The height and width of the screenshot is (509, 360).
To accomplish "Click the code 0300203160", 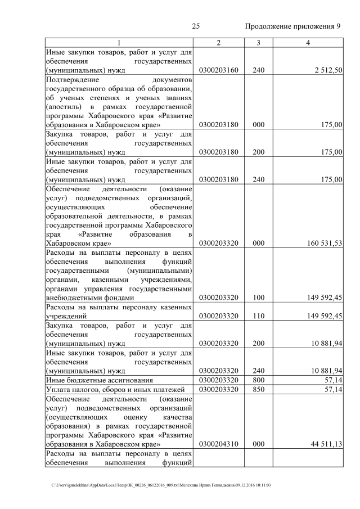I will [219, 70].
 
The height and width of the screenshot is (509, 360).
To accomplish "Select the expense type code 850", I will [258, 390].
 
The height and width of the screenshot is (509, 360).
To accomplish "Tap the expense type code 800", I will [258, 381].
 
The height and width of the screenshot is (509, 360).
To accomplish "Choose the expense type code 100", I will [258, 298].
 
